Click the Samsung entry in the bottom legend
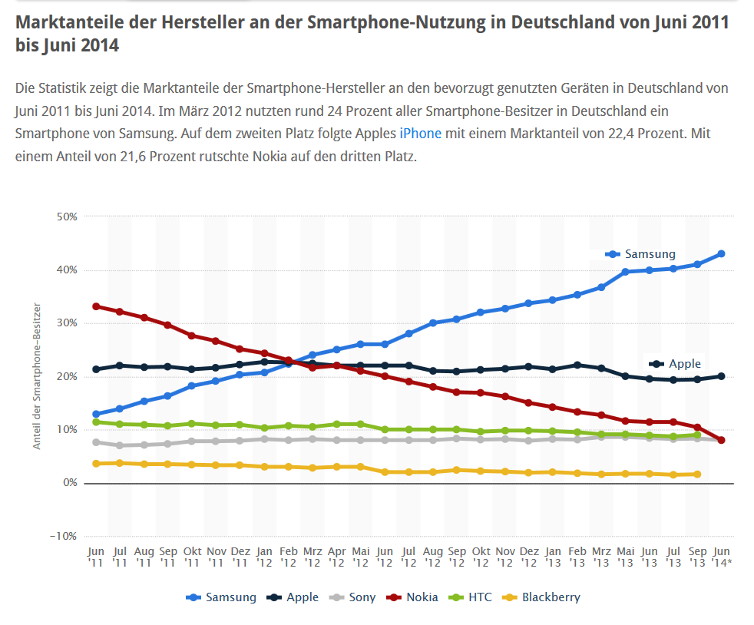222,597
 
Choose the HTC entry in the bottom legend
473,597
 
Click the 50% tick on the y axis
67,217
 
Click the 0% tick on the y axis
69,483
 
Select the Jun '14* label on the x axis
722,557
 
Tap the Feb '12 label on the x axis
288,557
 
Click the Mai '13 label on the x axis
625,557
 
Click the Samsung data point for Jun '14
722,254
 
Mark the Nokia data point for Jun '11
96,306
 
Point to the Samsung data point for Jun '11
96,415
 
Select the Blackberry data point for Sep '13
697,475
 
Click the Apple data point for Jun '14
722,376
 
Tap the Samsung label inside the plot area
650,254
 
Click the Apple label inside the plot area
684,364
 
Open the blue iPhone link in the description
421,134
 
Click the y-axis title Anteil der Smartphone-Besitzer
36,376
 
